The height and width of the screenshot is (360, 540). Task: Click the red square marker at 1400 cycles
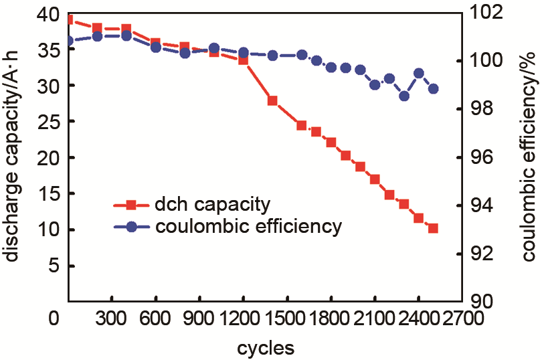click(272, 101)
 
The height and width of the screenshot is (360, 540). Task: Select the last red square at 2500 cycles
click(433, 228)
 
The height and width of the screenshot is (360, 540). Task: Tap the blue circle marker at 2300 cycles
click(404, 96)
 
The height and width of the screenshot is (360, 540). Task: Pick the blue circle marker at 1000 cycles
click(214, 48)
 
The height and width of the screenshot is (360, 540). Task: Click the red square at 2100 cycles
click(375, 179)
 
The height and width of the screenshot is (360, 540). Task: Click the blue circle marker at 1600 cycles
click(302, 55)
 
